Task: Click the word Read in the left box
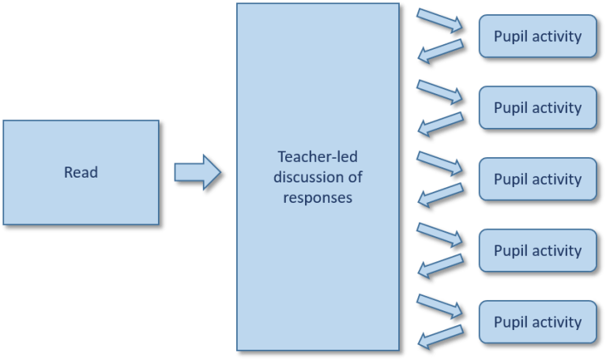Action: coord(81,171)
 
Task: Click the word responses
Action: coord(318,197)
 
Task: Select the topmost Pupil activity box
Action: coord(537,36)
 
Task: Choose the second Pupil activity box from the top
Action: coord(537,107)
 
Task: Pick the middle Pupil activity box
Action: coord(537,178)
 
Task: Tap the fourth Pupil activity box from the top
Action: coord(537,250)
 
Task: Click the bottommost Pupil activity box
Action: coord(537,321)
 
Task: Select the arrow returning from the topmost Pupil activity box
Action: coord(440,52)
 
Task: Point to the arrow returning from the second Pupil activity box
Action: coord(440,123)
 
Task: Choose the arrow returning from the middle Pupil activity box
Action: coord(440,195)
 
